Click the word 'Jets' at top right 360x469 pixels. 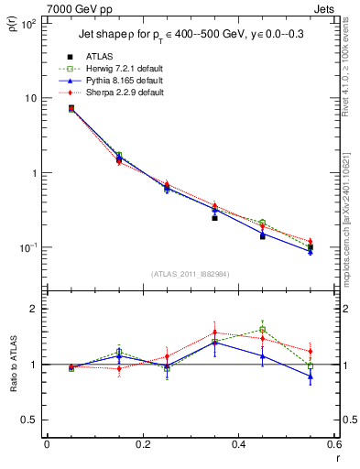pos(325,6)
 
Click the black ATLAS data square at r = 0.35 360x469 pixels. pos(214,218)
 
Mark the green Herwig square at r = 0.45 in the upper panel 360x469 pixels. pos(262,223)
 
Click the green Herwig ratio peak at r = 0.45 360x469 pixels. pos(262,329)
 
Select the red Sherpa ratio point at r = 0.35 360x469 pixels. pos(214,333)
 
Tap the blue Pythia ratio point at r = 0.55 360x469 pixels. pos(311,376)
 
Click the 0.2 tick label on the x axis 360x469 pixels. pos(142,445)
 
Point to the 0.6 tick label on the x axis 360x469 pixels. pos(333,445)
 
